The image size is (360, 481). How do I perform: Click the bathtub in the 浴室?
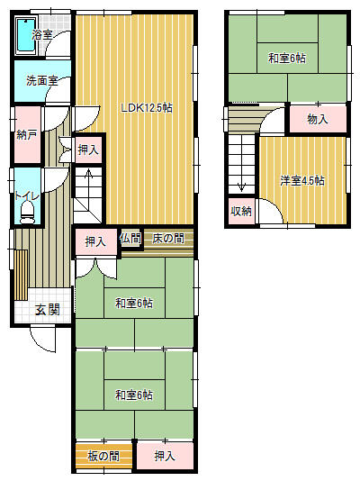point(26,35)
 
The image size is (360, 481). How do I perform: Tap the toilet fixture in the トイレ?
point(27,213)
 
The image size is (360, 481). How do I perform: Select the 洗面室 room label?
point(42,81)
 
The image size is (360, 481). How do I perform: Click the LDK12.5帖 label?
point(147,108)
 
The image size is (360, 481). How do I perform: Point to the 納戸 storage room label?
point(27,135)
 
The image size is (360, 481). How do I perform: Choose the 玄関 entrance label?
point(47,310)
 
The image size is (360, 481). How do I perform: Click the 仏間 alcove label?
point(130,238)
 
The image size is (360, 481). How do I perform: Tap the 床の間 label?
point(168,239)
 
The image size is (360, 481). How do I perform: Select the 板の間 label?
point(103,457)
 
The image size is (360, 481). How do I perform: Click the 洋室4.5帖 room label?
point(302,180)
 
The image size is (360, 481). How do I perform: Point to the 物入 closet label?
point(318,119)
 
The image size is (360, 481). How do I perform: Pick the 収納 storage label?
point(241,211)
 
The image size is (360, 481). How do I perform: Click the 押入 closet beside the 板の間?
point(165,457)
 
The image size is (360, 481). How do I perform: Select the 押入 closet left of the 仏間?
point(95,241)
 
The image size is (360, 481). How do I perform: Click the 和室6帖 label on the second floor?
point(287,58)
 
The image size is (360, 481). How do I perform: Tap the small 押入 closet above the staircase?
point(88,150)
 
